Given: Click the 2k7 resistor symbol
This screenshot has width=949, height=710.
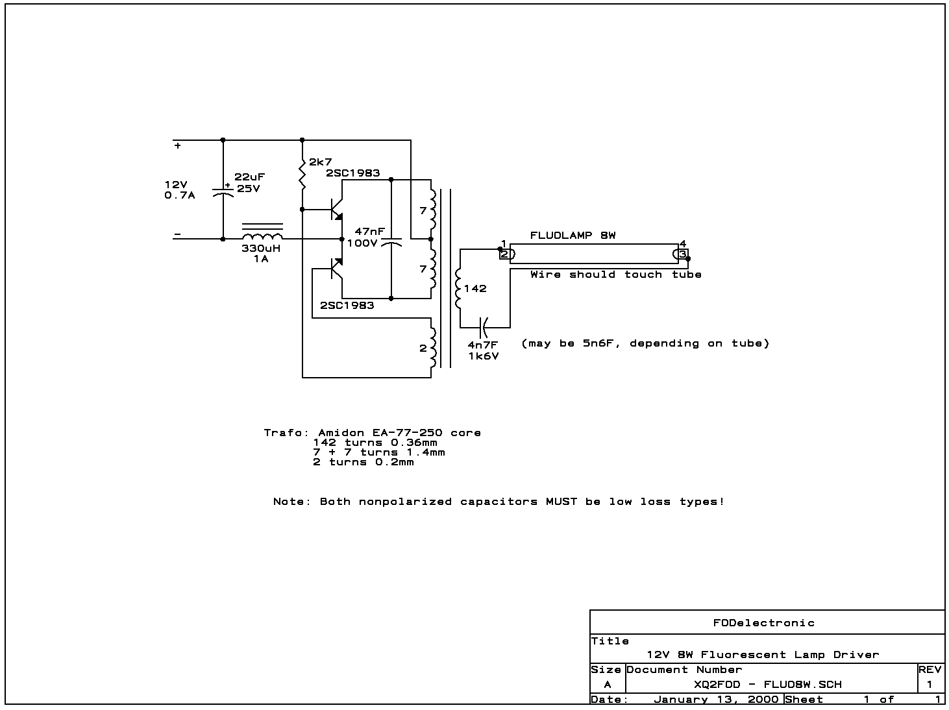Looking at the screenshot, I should [302, 173].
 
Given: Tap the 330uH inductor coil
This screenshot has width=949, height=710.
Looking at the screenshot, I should [262, 233].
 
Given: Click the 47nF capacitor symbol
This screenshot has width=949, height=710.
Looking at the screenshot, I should [391, 243].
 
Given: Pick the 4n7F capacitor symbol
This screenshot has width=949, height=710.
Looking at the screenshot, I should [484, 327].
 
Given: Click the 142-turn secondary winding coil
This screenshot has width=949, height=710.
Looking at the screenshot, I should [460, 288].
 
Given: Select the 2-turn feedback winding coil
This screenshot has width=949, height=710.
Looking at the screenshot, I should [432, 348].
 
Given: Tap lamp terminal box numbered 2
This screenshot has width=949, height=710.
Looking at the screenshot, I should [504, 254].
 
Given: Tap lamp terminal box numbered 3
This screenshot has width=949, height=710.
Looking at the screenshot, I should [682, 254].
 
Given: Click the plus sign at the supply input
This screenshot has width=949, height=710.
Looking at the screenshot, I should [177, 146].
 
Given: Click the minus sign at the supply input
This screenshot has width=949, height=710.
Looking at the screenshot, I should [177, 234].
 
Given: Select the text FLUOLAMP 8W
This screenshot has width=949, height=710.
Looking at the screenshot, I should [573, 236].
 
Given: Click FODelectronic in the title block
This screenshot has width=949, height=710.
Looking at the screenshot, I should [763, 623].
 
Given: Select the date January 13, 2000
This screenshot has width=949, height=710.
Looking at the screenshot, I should [715, 700].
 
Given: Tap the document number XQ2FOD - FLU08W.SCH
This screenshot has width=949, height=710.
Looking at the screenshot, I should [767, 685].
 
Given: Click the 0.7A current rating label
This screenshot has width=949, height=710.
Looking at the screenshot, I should [179, 195].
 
